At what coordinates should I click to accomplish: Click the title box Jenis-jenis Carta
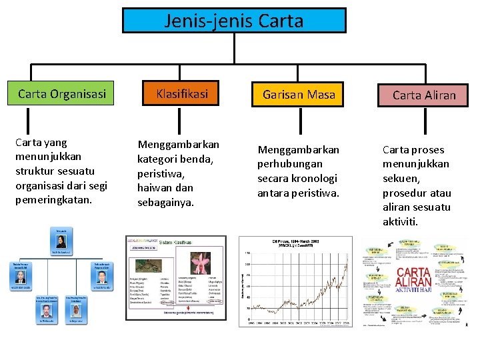click(x=234, y=21)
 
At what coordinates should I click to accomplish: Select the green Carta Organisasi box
click(x=62, y=94)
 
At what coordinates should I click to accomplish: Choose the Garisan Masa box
click(x=299, y=95)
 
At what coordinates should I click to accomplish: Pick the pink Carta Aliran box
click(x=424, y=95)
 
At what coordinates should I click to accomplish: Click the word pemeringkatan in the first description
click(x=54, y=200)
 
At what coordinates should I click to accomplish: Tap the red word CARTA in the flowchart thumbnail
click(x=413, y=273)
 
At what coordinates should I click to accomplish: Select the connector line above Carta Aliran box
click(x=424, y=74)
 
